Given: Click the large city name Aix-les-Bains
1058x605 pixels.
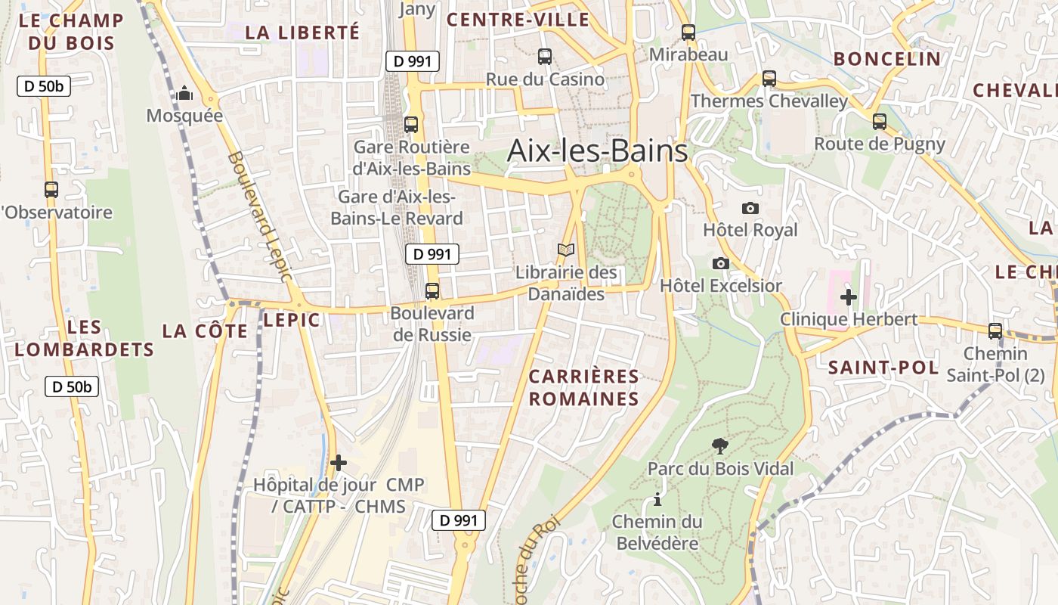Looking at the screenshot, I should [597, 150].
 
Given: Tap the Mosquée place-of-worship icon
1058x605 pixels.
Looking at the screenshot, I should [184, 95].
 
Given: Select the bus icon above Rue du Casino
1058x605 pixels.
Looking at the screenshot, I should [544, 57].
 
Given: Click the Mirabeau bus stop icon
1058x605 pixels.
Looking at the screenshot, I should [688, 33].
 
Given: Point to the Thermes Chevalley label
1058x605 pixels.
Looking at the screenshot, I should [769, 101].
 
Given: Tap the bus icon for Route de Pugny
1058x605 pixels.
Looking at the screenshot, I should [879, 122].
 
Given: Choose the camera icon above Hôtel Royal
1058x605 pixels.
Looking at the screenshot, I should [750, 208].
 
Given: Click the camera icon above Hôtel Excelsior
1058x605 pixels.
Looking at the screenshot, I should [721, 263].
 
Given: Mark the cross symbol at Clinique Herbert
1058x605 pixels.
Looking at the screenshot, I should [849, 297].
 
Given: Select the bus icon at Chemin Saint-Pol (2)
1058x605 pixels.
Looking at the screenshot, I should [995, 331].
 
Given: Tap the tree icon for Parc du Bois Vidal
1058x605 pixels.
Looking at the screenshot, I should [720, 447].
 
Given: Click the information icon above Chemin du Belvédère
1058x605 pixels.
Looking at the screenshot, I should [657, 500].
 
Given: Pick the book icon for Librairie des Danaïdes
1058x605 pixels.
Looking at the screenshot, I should [566, 250].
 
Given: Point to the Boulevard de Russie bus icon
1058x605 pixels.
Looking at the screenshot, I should [432, 291].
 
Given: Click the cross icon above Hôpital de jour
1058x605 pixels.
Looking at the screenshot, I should [339, 462].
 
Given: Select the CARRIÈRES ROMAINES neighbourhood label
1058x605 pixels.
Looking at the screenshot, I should [583, 387].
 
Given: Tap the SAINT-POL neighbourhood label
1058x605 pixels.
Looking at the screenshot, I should [883, 368].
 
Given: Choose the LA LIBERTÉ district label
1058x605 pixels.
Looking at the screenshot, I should [302, 32].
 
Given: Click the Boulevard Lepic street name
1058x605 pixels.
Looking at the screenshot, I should [259, 216].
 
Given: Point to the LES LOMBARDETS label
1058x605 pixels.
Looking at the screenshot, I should [84, 338].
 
